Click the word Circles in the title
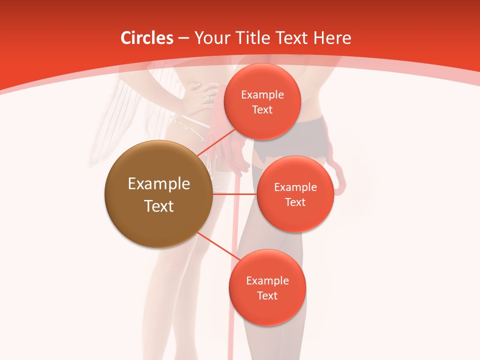(146, 38)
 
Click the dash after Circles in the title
(183, 38)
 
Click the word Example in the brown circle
(159, 184)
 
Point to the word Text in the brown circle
(159, 206)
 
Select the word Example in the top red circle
(262, 95)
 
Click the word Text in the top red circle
(262, 110)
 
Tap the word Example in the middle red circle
(295, 187)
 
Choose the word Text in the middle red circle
(295, 202)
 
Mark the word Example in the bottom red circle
(267, 281)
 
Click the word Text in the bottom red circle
(267, 296)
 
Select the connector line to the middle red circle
(234, 194)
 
